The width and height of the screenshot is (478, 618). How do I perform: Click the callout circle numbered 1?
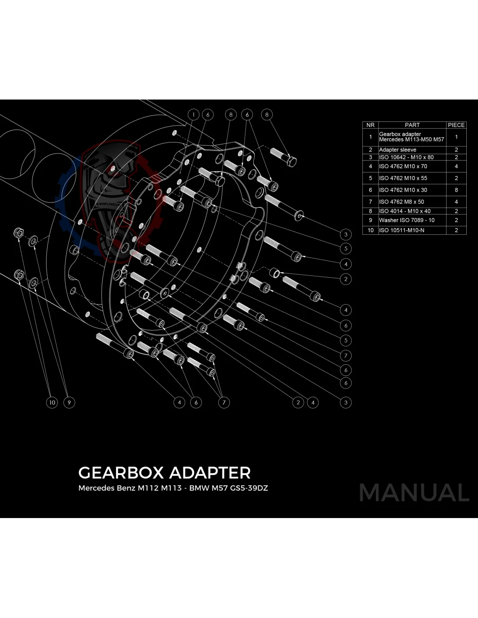(193, 115)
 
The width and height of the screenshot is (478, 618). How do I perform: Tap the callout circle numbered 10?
(52, 402)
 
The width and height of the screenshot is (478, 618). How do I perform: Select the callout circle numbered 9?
(69, 402)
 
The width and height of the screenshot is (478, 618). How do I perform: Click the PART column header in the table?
(412, 125)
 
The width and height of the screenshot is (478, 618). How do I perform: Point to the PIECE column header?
(456, 125)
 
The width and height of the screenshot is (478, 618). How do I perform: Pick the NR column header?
(370, 125)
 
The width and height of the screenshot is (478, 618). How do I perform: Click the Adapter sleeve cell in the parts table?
(398, 150)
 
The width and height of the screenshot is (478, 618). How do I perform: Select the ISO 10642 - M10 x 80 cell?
(406, 157)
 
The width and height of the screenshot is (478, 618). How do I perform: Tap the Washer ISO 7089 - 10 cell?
(407, 220)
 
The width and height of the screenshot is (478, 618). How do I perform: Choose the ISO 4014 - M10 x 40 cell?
(405, 211)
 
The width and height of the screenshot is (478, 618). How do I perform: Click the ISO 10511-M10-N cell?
(402, 230)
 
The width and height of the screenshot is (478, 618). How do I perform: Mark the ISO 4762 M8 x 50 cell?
(402, 202)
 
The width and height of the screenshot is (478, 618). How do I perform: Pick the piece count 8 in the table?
(456, 190)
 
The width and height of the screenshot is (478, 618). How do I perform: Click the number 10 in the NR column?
(370, 230)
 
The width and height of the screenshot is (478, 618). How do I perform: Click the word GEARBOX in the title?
(121, 473)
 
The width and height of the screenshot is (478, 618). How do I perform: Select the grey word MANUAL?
(414, 493)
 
